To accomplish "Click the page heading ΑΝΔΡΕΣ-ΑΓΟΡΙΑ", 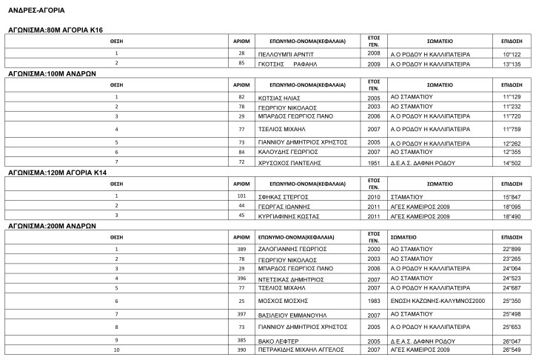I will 36,11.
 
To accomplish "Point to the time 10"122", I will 512,55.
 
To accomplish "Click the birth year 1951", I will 374,161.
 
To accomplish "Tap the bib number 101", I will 241,196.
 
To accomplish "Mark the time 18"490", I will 512,217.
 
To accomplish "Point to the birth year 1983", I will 374,301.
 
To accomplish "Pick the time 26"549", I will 512,350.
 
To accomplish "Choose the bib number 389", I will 241,249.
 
